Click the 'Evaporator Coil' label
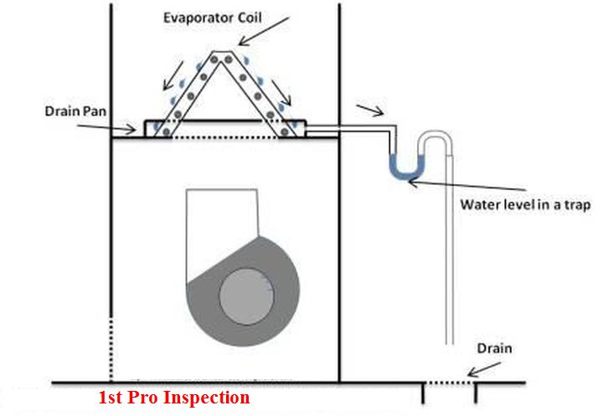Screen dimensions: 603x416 click(x=212, y=18)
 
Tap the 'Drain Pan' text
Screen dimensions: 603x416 click(x=75, y=111)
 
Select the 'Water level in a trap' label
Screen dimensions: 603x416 click(x=525, y=204)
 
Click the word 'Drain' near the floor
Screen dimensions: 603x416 click(x=495, y=348)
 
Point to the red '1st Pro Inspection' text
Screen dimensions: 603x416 click(x=174, y=397)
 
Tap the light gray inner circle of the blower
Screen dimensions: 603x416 click(x=246, y=296)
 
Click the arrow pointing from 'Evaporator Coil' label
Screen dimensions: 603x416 click(x=263, y=31)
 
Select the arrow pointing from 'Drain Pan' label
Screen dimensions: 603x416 click(x=106, y=128)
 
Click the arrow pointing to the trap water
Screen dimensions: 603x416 click(x=466, y=186)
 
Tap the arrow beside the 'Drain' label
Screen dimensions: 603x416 click(x=484, y=369)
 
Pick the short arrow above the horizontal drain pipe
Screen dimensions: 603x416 click(x=370, y=110)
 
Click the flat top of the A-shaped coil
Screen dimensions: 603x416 click(x=221, y=52)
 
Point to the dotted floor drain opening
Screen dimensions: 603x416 click(x=449, y=383)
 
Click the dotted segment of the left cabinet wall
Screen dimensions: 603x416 click(x=111, y=349)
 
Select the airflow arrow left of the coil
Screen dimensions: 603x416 click(x=173, y=75)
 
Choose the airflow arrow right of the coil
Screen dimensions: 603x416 click(x=282, y=93)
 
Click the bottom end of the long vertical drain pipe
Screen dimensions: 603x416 click(x=450, y=344)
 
